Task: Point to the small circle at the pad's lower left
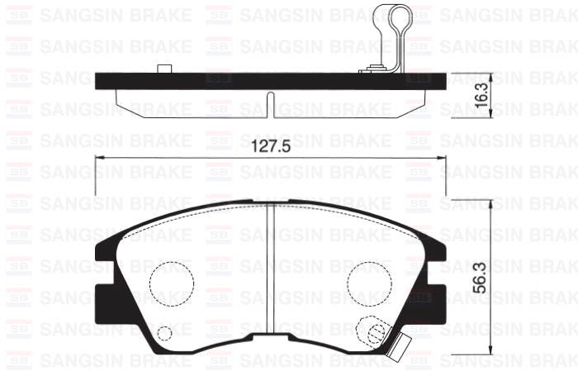tap(164, 334)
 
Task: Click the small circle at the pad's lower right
tap(377, 334)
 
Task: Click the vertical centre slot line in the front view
tap(272, 273)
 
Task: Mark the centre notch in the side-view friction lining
tap(271, 103)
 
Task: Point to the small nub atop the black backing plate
tap(163, 68)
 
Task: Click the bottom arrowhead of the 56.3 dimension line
tap(492, 357)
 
